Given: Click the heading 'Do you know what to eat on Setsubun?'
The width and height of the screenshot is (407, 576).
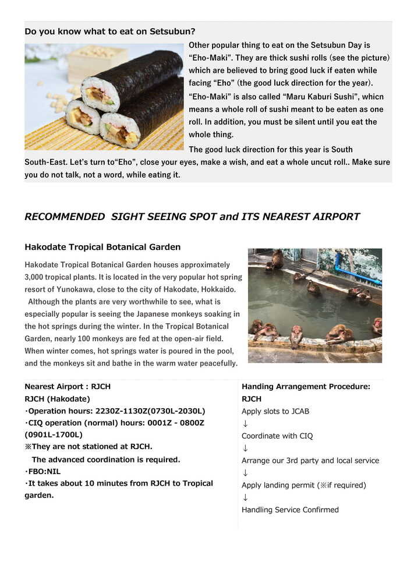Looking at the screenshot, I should (x=110, y=31).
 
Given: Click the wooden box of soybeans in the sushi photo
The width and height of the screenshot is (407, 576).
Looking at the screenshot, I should (x=97, y=61).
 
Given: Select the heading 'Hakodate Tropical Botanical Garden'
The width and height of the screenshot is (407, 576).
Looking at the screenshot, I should (x=102, y=247).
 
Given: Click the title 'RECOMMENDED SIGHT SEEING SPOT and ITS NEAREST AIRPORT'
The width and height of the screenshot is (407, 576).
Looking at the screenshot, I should (x=192, y=217).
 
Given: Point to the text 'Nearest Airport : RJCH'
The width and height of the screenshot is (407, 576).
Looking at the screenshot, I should (x=68, y=386).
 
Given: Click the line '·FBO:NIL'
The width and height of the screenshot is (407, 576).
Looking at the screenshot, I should (x=43, y=471).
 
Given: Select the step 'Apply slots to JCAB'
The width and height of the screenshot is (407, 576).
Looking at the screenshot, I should (x=275, y=411).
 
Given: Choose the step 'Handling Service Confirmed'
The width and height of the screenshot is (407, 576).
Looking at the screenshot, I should (x=290, y=510).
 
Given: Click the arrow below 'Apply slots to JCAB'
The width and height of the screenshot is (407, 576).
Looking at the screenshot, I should (x=245, y=423).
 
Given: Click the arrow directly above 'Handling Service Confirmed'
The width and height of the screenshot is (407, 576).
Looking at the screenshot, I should (x=245, y=497).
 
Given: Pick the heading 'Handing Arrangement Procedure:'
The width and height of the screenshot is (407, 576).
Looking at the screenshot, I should (x=306, y=386).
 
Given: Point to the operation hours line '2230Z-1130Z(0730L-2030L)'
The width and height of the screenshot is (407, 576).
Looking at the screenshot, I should (x=115, y=411).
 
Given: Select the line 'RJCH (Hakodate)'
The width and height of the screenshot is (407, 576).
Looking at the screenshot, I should (x=58, y=399).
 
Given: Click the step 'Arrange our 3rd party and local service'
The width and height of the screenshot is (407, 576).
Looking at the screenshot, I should (x=310, y=461).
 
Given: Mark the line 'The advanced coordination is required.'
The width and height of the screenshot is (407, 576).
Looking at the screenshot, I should (x=106, y=460).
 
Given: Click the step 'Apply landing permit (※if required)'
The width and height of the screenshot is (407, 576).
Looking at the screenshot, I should (x=304, y=485).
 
